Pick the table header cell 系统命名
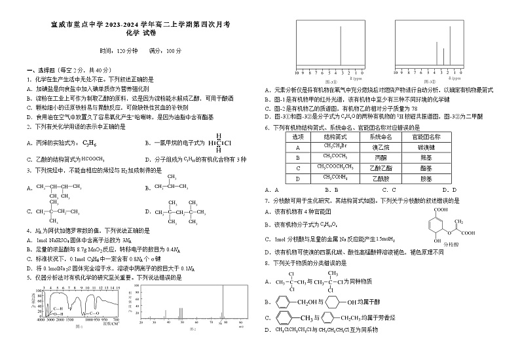click(x=380, y=137)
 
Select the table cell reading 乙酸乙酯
click(x=380, y=168)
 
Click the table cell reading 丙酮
click(x=380, y=157)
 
